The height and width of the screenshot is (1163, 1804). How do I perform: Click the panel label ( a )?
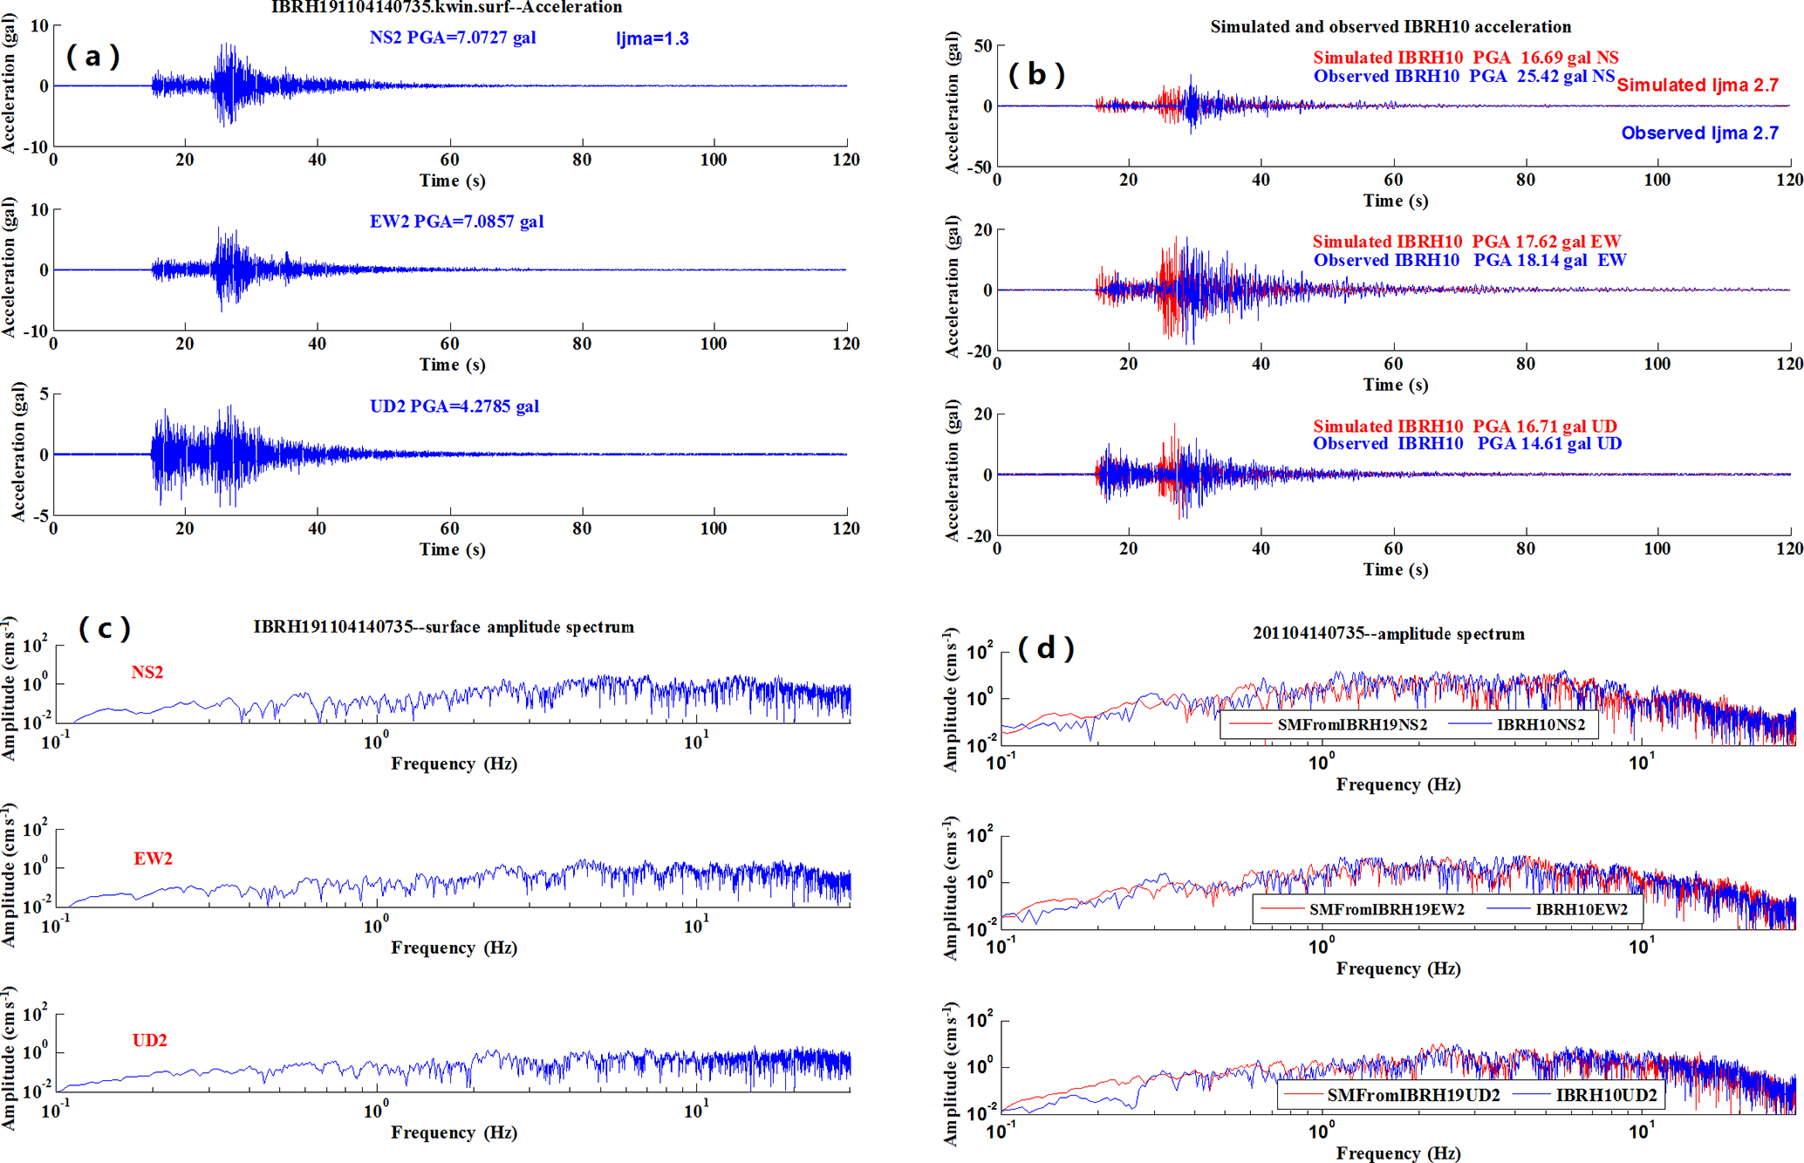pos(92,57)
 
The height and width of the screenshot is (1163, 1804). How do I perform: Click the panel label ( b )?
pos(1036,74)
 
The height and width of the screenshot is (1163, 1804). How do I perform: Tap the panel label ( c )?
pos(105,627)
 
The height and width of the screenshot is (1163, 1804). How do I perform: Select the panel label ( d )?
pos(1046,647)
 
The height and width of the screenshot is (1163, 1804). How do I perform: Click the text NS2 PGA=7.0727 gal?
pos(452,38)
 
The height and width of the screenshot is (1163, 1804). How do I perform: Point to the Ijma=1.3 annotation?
pos(652,38)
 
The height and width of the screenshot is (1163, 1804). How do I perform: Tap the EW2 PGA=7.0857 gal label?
pos(456,222)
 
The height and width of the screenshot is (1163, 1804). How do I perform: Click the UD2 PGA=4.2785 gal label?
pos(454,406)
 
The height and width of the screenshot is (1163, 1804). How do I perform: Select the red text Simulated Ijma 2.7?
pos(1697,85)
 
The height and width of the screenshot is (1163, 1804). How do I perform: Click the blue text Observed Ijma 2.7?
pos(1699,133)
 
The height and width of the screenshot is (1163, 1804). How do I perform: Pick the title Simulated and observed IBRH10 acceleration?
pos(1390,27)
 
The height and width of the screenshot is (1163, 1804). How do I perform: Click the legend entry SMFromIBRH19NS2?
pos(1351,724)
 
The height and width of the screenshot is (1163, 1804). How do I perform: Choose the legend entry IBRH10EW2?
pos(1581,909)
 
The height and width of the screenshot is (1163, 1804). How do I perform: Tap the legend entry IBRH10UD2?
pos(1605,1094)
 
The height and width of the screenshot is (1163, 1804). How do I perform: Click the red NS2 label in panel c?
pos(147,672)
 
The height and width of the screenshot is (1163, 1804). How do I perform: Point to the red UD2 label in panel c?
pos(150,1040)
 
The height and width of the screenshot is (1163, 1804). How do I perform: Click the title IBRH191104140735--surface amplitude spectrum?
pos(443,626)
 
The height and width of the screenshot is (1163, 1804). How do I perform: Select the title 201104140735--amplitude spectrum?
pos(1389,634)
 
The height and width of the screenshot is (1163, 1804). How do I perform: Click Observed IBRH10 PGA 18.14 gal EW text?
pos(1470,260)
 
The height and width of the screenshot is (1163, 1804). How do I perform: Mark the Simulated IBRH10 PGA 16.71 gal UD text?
pos(1465,426)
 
